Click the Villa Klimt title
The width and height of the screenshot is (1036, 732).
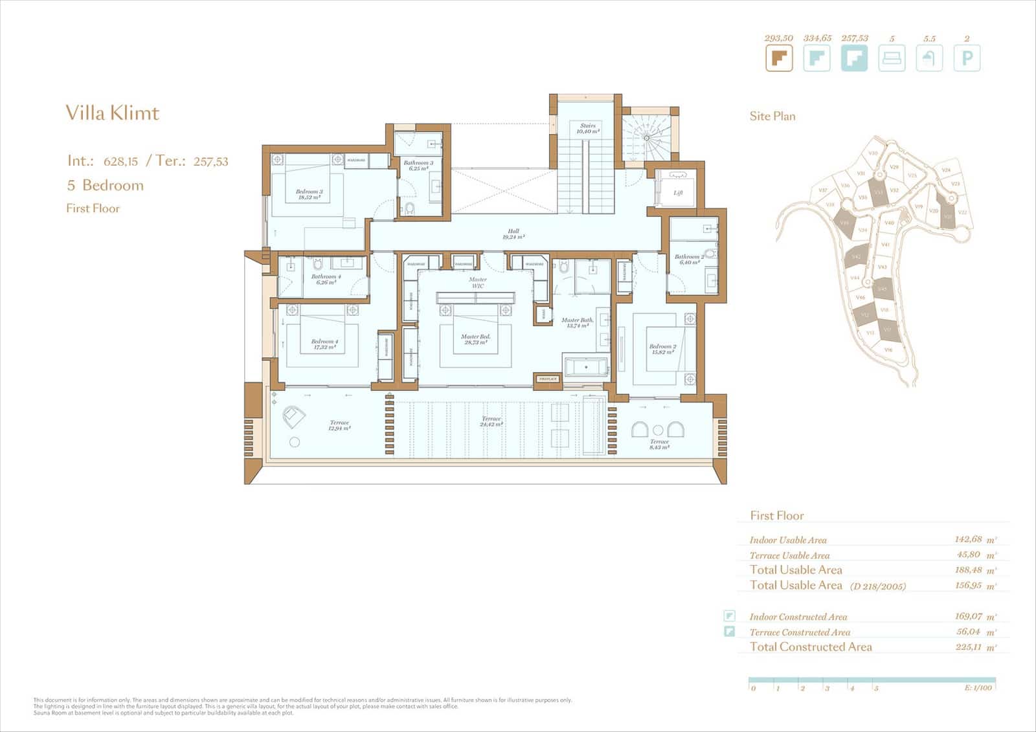pos(112,113)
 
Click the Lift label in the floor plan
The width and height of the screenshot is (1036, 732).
pos(678,193)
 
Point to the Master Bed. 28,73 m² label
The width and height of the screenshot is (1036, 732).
pos(475,339)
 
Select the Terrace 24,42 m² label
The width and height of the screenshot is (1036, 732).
pos(491,421)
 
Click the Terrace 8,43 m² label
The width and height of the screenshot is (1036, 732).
pos(659,444)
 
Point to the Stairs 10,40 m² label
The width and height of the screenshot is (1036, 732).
pos(587,128)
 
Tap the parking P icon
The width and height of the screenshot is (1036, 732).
pos(967,58)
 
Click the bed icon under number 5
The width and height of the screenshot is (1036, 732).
pos(892,58)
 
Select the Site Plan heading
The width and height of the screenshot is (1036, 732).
pos(772,116)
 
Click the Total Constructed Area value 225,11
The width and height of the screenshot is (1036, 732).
pos(969,647)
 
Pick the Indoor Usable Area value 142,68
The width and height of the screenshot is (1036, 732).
pos(968,539)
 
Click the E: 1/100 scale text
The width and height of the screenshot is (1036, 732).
pos(978,688)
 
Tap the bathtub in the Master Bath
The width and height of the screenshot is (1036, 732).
pos(587,367)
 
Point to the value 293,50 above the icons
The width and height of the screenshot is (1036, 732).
pos(778,39)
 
